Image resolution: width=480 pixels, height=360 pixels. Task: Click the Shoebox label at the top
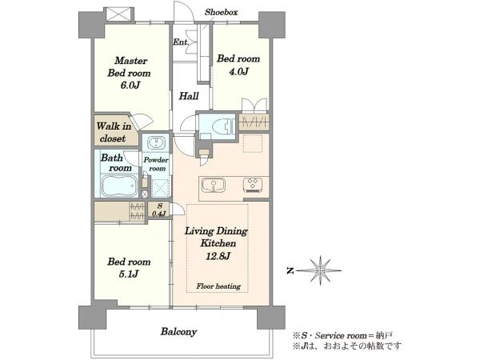(x=221, y=12)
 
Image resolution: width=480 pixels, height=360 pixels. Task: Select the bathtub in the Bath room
(x=118, y=186)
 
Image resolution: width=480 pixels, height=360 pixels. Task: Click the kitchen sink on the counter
(x=213, y=186)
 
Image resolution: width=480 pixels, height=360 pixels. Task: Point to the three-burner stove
(x=253, y=185)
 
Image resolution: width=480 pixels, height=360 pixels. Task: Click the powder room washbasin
(x=157, y=143)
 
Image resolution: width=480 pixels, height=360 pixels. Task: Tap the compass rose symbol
(x=320, y=270)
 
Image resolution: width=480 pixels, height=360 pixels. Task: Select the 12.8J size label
(x=218, y=256)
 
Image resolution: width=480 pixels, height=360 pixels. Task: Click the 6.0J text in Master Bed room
(x=130, y=85)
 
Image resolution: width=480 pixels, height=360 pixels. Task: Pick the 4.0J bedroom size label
(x=238, y=71)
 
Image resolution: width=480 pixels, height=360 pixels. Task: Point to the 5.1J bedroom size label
(x=129, y=274)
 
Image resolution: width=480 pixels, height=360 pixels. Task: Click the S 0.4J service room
(x=159, y=210)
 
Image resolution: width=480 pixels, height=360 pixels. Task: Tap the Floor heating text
(x=218, y=286)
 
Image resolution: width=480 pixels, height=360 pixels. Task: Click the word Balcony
(x=178, y=332)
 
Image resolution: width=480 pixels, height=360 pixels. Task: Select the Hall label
(x=189, y=96)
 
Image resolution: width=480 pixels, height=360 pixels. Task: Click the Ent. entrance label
(x=181, y=42)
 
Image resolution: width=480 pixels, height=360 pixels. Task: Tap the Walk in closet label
(x=114, y=132)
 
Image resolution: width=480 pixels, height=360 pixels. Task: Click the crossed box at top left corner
(x=118, y=14)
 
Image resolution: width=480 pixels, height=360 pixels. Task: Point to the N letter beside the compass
(x=290, y=270)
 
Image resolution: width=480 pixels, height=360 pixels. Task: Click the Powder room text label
(x=156, y=164)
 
